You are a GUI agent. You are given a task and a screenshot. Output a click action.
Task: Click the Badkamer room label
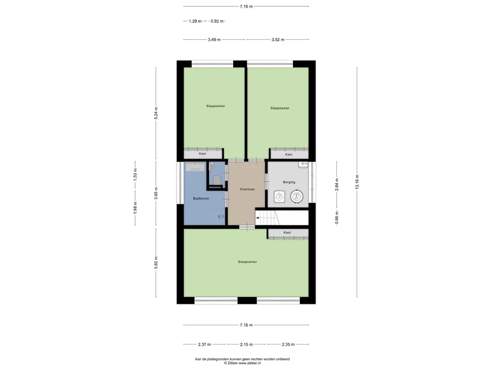coord(201,198)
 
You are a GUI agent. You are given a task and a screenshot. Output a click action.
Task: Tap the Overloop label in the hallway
coord(247,189)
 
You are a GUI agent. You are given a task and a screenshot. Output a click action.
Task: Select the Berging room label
coord(289,182)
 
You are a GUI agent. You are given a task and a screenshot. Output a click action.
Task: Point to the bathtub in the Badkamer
coord(195,167)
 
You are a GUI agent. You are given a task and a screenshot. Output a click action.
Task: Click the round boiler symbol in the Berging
coord(296,197)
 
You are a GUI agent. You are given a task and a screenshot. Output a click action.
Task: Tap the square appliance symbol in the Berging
coord(279,197)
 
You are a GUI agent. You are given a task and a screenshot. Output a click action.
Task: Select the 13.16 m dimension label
coord(357,182)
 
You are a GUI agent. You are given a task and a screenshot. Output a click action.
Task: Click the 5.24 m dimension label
coord(156,113)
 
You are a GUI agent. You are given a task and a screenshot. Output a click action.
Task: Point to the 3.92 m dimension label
coord(156,263)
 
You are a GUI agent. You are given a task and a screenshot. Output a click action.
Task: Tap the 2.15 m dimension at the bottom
coord(246,344)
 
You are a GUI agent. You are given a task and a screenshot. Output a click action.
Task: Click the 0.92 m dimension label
coord(217,21)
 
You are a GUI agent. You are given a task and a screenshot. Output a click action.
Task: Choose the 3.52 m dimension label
coord(278,39)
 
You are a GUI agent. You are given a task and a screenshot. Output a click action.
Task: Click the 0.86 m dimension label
coord(337,218)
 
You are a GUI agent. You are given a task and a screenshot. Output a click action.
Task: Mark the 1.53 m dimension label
coord(135,174)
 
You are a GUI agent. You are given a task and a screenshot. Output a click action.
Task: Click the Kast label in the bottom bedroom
coord(287,233)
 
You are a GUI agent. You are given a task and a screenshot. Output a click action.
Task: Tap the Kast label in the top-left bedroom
coord(202,153)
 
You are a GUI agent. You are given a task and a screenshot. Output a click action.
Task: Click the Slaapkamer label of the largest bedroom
coord(247,262)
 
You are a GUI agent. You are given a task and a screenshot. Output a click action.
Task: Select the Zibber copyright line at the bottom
coord(242,363)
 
